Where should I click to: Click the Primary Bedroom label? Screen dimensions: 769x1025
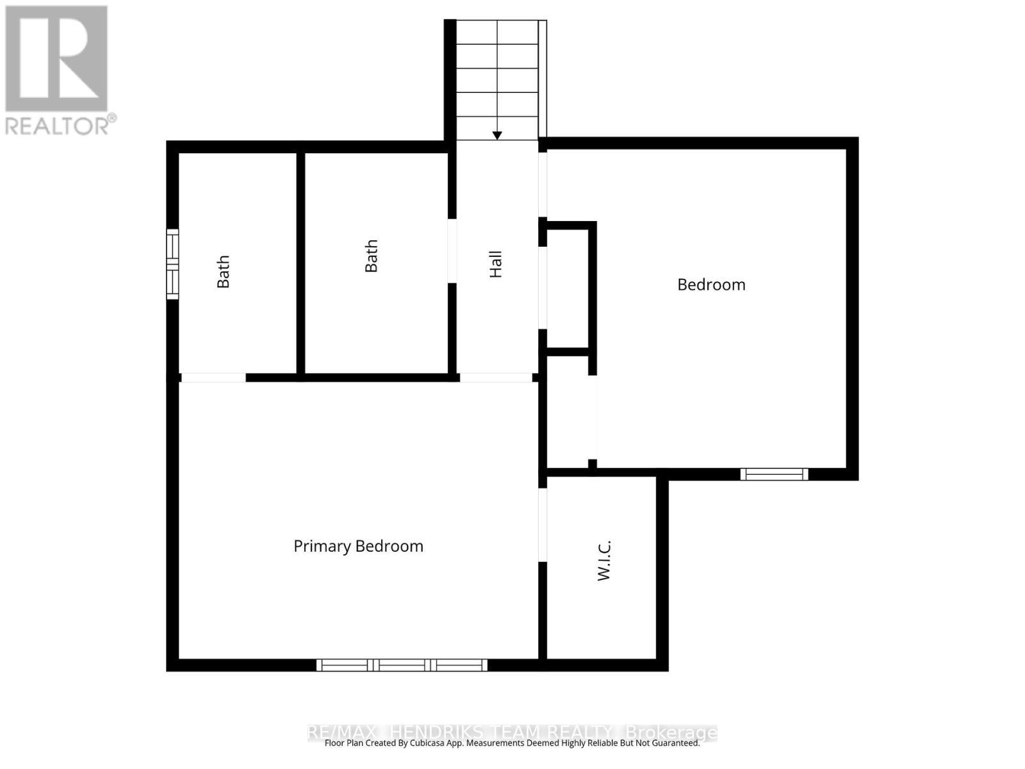pyautogui.click(x=358, y=546)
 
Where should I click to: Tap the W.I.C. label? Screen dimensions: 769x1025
pyautogui.click(x=604, y=561)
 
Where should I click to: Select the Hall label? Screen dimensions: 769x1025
pyautogui.click(x=496, y=264)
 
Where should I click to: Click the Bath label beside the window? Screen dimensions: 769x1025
pyautogui.click(x=223, y=272)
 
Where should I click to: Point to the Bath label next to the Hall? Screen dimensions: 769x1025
pyautogui.click(x=372, y=256)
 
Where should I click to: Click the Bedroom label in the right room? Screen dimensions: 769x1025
pyautogui.click(x=711, y=285)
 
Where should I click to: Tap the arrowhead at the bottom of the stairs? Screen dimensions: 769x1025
pyautogui.click(x=497, y=135)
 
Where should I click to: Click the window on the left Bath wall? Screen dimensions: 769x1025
pyautogui.click(x=172, y=263)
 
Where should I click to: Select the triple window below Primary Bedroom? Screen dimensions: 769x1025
pyautogui.click(x=402, y=665)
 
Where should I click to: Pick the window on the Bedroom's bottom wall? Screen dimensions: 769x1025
pyautogui.click(x=774, y=474)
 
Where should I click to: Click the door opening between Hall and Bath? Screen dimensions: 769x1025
pyautogui.click(x=452, y=251)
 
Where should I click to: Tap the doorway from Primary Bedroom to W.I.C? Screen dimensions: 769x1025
pyautogui.click(x=543, y=525)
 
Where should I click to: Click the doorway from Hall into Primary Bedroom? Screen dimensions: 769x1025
pyautogui.click(x=496, y=377)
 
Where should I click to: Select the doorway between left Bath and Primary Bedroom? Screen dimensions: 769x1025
pyautogui.click(x=213, y=377)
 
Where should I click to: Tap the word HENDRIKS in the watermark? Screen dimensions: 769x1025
pyautogui.click(x=436, y=732)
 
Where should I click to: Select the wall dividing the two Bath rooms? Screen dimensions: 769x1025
pyautogui.click(x=300, y=263)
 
